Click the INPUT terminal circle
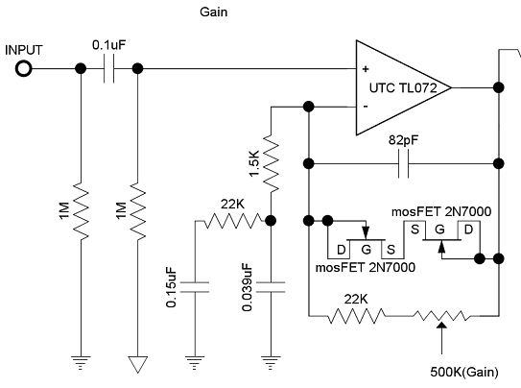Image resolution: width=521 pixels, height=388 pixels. click(x=24, y=69)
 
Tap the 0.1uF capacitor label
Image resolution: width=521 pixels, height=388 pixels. click(x=109, y=45)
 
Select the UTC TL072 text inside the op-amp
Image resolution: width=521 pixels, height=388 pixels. click(x=403, y=88)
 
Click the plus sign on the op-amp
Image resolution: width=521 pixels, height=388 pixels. click(x=366, y=69)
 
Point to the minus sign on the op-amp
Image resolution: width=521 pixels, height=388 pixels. click(x=366, y=107)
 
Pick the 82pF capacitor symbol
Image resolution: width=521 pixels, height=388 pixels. click(x=403, y=163)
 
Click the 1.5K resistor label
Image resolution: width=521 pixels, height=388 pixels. click(x=254, y=163)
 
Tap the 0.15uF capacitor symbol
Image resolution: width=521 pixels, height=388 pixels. click(x=195, y=287)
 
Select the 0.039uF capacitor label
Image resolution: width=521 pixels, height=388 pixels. click(x=248, y=287)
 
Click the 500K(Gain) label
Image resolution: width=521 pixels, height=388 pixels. click(x=464, y=372)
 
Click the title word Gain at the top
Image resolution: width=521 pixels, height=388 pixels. click(x=214, y=12)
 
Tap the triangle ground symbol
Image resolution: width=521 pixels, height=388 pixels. click(x=137, y=365)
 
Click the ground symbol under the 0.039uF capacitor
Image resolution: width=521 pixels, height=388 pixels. click(x=271, y=363)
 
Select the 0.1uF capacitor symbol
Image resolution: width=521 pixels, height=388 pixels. click(x=109, y=69)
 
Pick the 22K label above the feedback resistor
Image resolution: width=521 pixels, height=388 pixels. click(x=356, y=300)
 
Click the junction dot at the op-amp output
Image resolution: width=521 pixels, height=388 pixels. click(x=498, y=87)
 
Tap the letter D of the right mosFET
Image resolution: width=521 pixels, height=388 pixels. click(x=468, y=230)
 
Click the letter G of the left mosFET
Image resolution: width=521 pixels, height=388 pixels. click(x=366, y=250)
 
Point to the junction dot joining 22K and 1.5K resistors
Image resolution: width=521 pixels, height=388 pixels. click(x=271, y=221)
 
